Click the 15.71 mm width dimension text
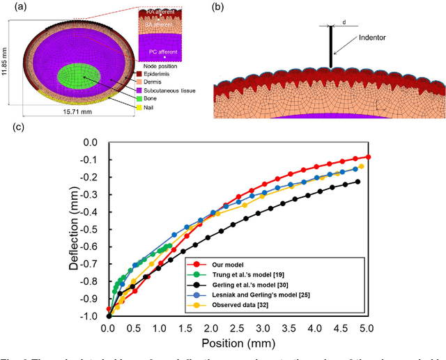pyautogui.click(x=74, y=113)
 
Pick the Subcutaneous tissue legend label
pyautogui.click(x=174, y=91)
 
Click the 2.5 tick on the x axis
pyautogui.click(x=238, y=327)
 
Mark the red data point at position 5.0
pyautogui.click(x=368, y=157)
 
